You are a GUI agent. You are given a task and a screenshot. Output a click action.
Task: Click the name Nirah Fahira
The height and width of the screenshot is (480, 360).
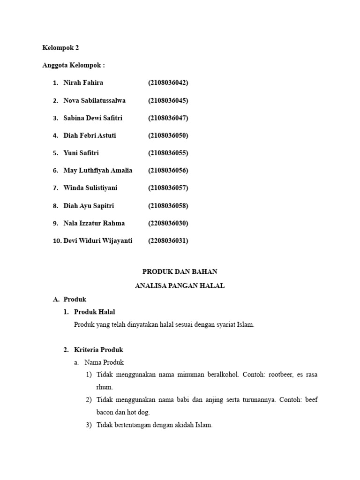[x=83, y=82]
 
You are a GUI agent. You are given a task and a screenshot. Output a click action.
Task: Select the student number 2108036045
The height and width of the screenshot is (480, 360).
[x=168, y=100]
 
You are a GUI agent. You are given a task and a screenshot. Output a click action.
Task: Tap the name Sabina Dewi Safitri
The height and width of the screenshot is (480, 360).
[x=93, y=118]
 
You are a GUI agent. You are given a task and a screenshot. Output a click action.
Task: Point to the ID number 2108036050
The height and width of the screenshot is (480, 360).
[x=168, y=135]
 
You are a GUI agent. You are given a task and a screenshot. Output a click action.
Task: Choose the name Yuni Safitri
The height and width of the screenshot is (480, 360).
[x=81, y=153]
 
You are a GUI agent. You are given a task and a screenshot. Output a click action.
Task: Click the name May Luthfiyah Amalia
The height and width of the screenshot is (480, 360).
[x=97, y=170]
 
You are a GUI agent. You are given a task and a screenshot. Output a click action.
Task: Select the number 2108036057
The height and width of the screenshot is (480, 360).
[x=168, y=188]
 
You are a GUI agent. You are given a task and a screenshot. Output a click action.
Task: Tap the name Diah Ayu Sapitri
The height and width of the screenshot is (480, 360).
[x=89, y=205]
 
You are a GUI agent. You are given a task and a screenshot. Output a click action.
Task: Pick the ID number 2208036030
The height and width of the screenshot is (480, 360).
[x=168, y=223]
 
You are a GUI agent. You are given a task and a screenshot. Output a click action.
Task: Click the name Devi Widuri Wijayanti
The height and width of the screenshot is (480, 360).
[x=97, y=240]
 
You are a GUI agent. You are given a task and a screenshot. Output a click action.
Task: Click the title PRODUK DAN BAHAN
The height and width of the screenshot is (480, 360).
[x=180, y=271]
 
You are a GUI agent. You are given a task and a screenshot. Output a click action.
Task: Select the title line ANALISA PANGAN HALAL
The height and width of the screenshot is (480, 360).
[x=180, y=285]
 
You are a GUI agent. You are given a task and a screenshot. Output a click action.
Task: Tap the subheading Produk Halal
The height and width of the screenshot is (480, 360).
[x=94, y=312]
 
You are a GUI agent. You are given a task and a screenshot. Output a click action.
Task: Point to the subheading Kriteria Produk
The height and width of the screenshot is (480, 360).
[x=98, y=350]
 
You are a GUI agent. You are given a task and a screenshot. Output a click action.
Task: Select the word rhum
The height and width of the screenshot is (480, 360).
[x=104, y=387]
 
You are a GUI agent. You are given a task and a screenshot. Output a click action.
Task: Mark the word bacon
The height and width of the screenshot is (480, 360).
[x=105, y=412]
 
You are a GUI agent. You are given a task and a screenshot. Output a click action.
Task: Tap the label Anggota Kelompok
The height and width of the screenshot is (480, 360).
[x=73, y=65]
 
